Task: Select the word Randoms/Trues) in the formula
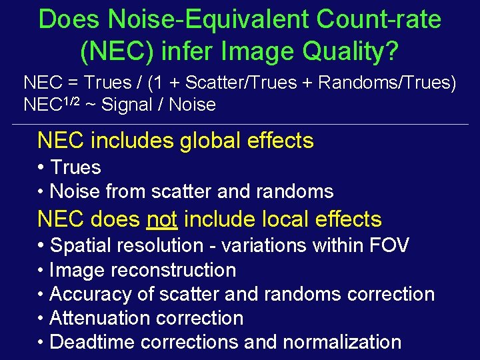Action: click(x=387, y=83)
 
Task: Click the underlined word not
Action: click(x=159, y=219)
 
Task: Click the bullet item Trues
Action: click(x=75, y=167)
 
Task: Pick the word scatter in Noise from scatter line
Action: click(x=182, y=192)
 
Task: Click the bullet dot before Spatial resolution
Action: click(x=41, y=245)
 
